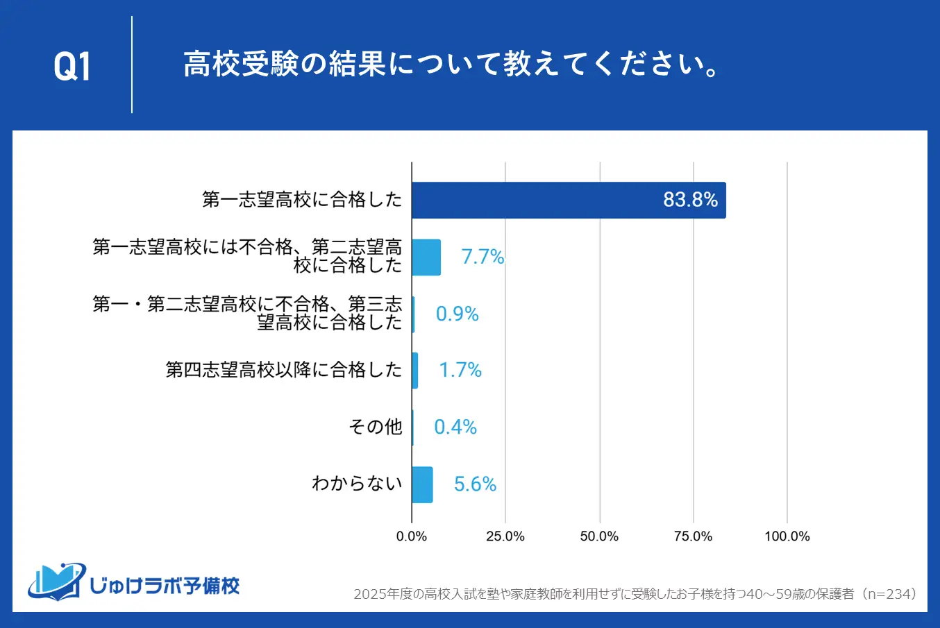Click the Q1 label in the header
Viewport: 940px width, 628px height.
point(72,67)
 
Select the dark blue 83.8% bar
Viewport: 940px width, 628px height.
point(568,201)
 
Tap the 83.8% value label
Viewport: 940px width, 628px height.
point(690,200)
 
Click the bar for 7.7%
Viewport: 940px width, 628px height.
point(426,257)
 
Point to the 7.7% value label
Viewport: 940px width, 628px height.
point(482,257)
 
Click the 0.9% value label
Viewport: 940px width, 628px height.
point(457,314)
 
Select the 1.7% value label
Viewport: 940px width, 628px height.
point(460,370)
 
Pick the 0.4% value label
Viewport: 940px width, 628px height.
point(455,427)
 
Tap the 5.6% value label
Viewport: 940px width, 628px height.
point(475,484)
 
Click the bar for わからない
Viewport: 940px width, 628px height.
point(422,484)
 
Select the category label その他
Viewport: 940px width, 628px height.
point(375,427)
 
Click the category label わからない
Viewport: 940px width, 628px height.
point(357,484)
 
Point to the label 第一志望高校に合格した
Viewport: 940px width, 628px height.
point(302,200)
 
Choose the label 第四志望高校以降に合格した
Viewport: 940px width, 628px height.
point(283,370)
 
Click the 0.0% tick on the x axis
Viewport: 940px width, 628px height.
point(412,536)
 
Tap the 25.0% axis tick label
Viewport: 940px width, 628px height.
point(505,536)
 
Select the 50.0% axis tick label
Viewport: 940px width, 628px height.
point(599,536)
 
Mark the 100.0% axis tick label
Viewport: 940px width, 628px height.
point(787,536)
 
